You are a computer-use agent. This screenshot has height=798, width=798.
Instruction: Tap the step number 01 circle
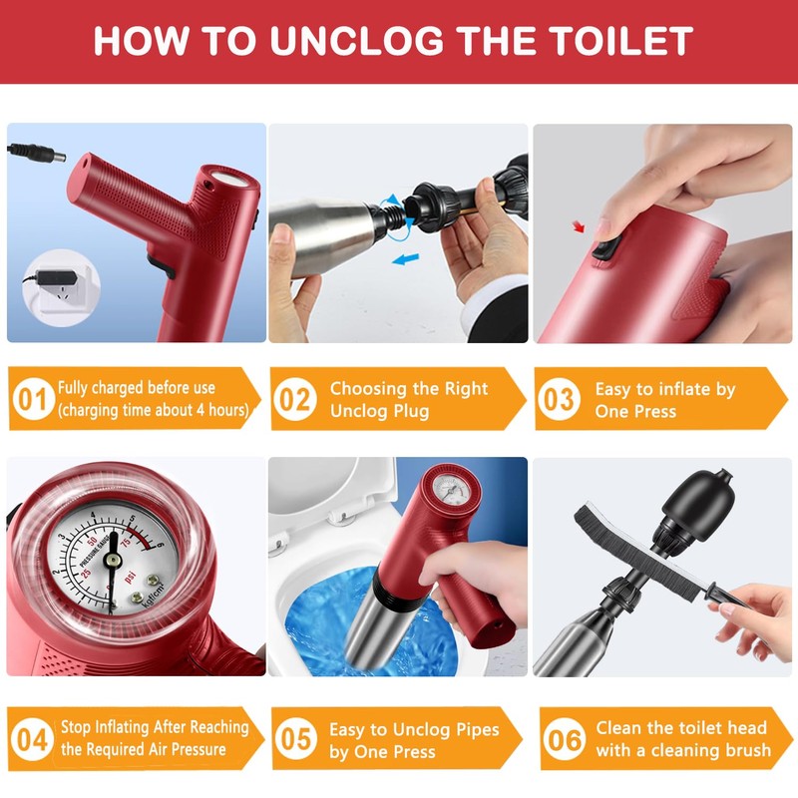(33, 400)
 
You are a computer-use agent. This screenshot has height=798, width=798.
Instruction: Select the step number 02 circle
(295, 400)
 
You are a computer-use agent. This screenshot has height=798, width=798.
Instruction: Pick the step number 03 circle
(559, 400)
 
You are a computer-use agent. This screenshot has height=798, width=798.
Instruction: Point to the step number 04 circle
(32, 739)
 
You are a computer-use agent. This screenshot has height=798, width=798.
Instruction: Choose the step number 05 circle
(295, 739)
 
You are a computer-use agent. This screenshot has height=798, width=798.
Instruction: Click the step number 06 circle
(564, 739)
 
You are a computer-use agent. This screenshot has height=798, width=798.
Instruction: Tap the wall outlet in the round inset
(60, 290)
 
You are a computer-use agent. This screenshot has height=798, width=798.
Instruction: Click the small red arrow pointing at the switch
(579, 226)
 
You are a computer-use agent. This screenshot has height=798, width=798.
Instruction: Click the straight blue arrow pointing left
(406, 259)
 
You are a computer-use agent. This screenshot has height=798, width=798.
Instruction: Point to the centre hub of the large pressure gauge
(113, 560)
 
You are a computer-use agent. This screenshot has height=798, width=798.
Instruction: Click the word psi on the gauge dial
(130, 579)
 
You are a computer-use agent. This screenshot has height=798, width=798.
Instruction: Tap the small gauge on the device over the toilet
(451, 491)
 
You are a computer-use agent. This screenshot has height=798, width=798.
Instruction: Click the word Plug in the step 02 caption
(408, 411)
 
